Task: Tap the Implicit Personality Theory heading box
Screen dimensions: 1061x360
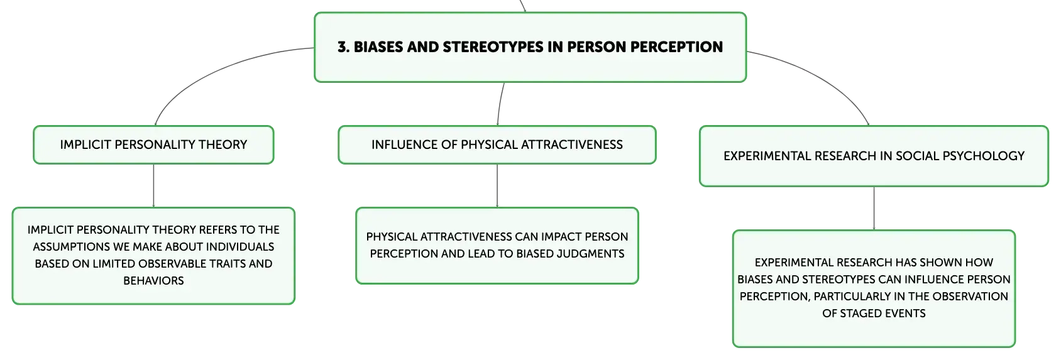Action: [153, 145]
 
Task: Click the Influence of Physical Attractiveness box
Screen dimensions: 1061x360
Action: [497, 145]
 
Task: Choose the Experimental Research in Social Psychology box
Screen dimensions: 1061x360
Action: [874, 156]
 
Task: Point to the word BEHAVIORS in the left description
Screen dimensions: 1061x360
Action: [153, 281]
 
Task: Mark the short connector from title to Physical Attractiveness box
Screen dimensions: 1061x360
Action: [500, 104]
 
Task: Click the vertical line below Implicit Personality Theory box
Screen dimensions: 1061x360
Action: [153, 186]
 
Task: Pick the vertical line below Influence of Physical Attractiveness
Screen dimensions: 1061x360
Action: [497, 186]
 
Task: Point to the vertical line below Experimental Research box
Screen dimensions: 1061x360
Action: [874, 209]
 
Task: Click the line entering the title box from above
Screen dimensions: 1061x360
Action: [522, 6]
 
